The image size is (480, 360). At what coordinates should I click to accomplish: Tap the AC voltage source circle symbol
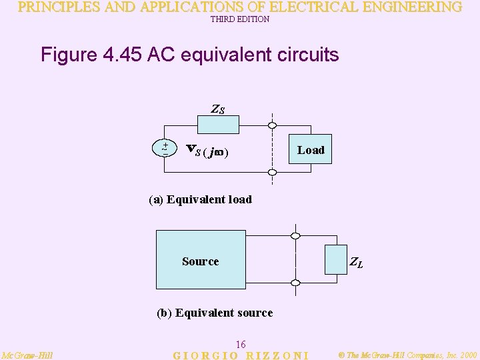[165, 148]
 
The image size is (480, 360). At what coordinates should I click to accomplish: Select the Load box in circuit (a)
[311, 150]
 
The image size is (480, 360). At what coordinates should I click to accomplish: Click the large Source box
[201, 261]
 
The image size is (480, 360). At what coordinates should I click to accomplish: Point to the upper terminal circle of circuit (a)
[272, 125]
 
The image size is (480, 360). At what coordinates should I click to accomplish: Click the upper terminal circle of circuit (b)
[295, 235]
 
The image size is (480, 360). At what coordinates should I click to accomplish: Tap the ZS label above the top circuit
[218, 109]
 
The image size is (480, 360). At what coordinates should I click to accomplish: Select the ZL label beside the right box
[357, 263]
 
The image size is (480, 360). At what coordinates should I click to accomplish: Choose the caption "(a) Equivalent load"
[200, 199]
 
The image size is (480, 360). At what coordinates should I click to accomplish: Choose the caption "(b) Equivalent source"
[214, 313]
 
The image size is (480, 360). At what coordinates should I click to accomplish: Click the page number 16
[241, 344]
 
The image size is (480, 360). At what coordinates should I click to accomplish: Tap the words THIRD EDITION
[240, 19]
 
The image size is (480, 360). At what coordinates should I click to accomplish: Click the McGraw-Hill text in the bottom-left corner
[27, 355]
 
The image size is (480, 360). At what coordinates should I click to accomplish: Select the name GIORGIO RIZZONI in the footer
[241, 355]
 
